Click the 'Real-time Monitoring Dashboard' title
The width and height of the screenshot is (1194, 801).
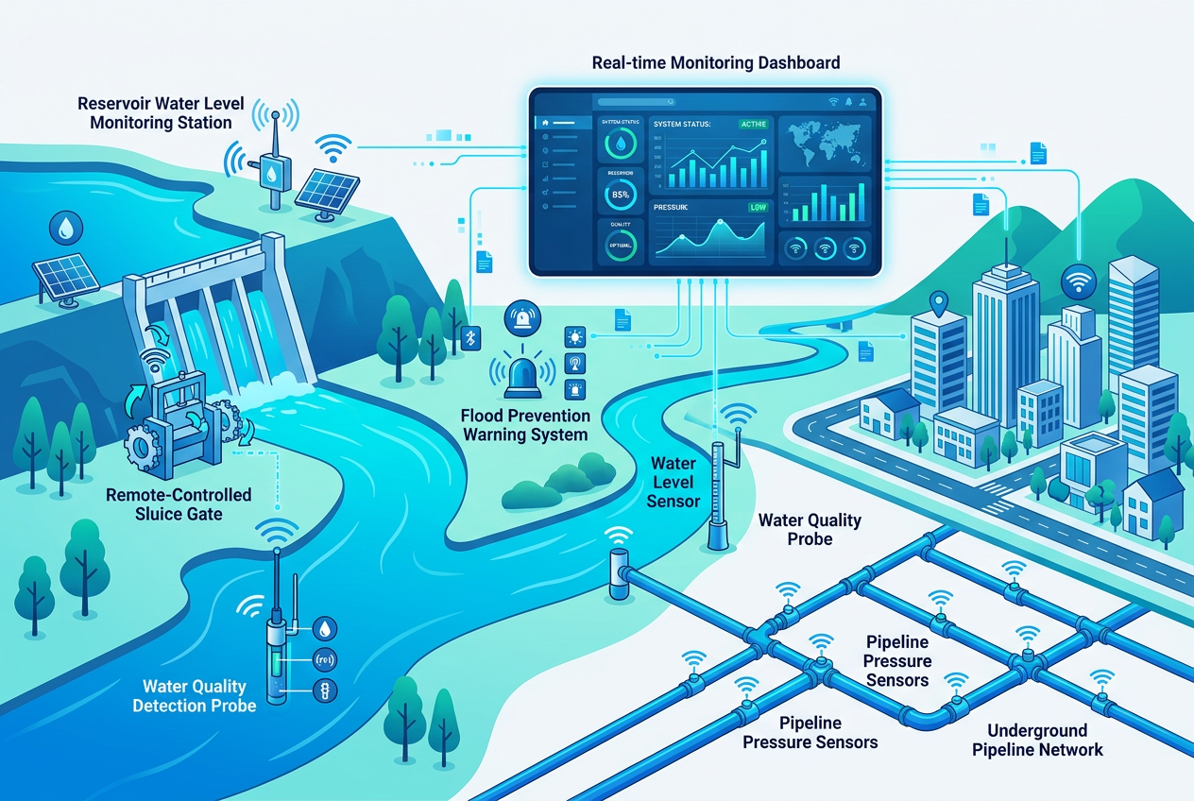pyautogui.click(x=715, y=64)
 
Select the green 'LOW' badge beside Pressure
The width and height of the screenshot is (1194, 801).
pyautogui.click(x=758, y=207)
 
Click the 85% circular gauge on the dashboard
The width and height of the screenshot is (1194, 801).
pyautogui.click(x=621, y=195)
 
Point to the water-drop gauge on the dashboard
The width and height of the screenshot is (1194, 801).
pyautogui.click(x=621, y=144)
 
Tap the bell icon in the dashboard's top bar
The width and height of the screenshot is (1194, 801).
pyautogui.click(x=849, y=101)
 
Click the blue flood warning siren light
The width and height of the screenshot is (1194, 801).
pyautogui.click(x=519, y=377)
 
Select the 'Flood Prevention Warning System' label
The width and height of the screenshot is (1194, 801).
pyautogui.click(x=525, y=425)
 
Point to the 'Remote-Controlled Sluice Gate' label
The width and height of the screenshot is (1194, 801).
pyautogui.click(x=179, y=504)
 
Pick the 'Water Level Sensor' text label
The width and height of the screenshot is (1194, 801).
pyautogui.click(x=674, y=482)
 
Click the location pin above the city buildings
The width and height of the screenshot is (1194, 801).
pyautogui.click(x=938, y=304)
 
